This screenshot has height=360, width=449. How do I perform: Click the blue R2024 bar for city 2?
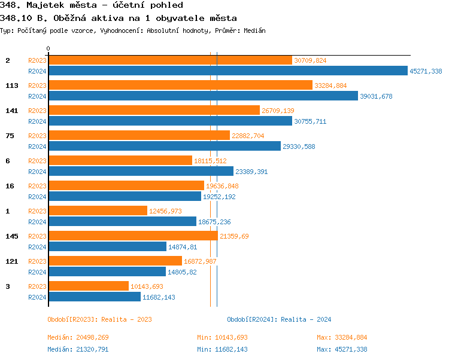(x=227, y=71)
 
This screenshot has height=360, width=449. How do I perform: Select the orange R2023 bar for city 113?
(x=180, y=86)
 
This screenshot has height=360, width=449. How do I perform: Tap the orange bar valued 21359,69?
(x=133, y=236)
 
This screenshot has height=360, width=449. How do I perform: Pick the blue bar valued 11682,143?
(x=95, y=297)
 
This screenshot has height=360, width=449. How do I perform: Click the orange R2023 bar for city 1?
(x=98, y=211)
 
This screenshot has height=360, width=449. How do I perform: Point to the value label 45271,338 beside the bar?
(x=426, y=71)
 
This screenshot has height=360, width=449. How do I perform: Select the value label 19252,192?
(x=219, y=196)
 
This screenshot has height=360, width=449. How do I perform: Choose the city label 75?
(x=10, y=136)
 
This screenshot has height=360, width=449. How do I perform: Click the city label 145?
(x=12, y=236)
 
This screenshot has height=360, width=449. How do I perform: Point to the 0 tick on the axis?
(x=48, y=48)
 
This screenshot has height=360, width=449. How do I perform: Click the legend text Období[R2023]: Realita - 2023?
(x=99, y=319)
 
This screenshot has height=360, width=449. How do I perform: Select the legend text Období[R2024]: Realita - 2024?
(x=279, y=319)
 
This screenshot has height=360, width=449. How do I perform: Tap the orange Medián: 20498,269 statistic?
(x=78, y=337)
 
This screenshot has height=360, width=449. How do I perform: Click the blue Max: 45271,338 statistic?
(x=342, y=349)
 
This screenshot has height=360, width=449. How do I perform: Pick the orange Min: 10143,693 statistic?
(x=222, y=337)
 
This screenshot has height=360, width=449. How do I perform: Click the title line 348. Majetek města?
(x=92, y=5)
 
